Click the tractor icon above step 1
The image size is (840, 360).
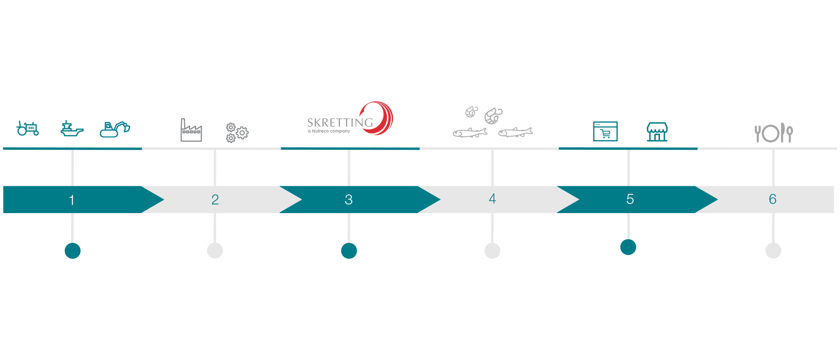27,128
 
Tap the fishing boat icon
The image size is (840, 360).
72,129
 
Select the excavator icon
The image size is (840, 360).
115,129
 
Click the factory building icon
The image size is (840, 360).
191,130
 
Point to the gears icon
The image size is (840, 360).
237,132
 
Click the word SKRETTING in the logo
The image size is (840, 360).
340,123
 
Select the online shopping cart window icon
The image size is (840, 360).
605,132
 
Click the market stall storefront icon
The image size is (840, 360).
657,132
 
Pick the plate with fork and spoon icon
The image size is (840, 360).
773,133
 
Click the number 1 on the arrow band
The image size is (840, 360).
72,200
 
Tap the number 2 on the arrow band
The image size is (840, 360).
215,199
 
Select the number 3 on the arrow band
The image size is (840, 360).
348,199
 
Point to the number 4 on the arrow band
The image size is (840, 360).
492,199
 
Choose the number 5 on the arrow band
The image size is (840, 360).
630,199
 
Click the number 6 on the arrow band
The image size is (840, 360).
772,199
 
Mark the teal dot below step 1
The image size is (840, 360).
72,251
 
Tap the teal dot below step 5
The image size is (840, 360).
628,247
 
